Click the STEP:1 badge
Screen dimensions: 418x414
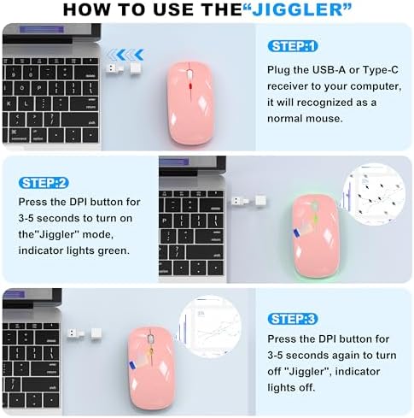(293, 46)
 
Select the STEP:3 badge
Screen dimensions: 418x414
(293, 319)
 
